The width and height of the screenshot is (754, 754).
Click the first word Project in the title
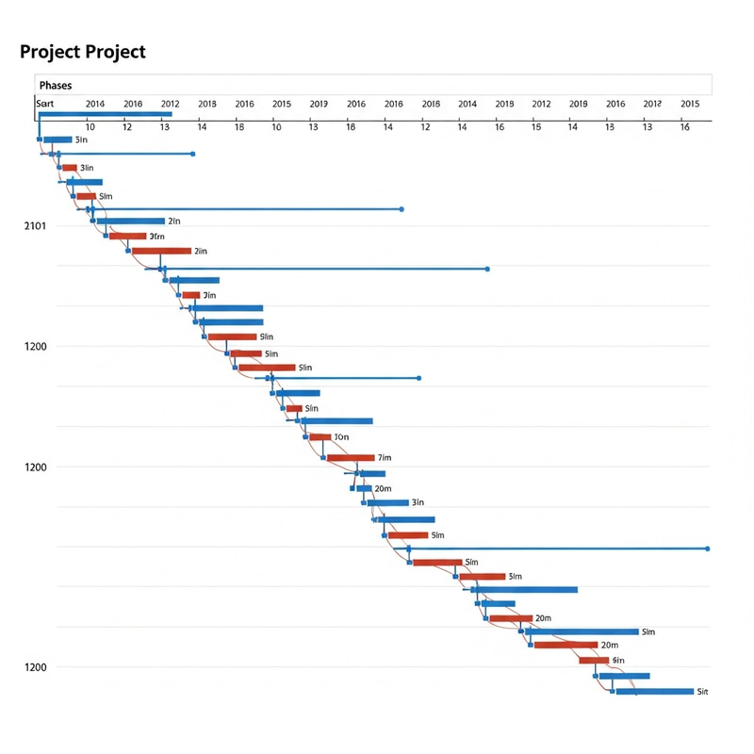point(48,52)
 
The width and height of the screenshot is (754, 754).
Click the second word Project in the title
point(113,52)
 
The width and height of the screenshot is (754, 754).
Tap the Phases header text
point(56,86)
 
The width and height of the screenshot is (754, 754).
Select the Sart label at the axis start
point(45,104)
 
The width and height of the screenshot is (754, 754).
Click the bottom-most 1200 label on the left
point(35,667)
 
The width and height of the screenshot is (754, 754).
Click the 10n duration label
point(341,437)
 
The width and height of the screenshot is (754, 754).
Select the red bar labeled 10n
point(320,437)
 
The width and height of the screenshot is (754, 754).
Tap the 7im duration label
point(384,458)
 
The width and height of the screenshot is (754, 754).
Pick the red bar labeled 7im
point(351,458)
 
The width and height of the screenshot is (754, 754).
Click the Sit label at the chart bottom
point(701,692)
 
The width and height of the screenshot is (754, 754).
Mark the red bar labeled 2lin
point(161,252)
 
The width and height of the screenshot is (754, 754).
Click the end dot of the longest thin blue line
point(707,549)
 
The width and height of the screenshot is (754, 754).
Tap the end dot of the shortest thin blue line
point(192,154)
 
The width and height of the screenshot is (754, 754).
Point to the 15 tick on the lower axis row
point(535,126)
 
